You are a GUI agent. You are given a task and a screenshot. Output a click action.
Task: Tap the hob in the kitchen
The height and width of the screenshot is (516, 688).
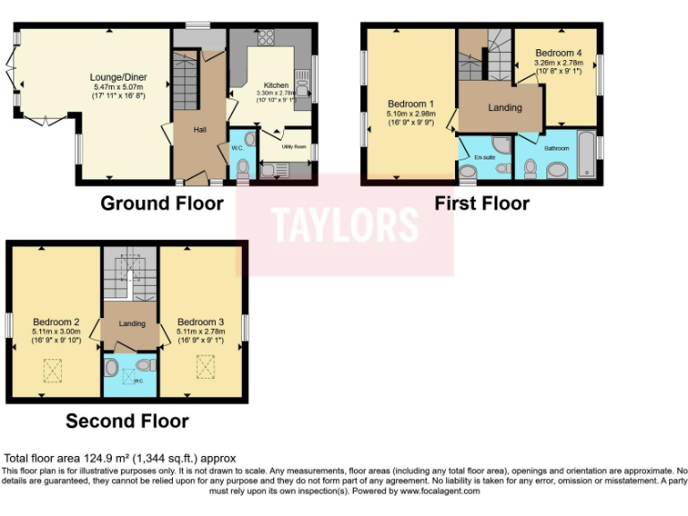click(266, 39)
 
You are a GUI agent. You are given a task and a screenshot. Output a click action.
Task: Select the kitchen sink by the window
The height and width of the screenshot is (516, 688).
click(303, 87)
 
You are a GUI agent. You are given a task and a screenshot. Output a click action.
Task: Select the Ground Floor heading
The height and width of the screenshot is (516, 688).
click(161, 203)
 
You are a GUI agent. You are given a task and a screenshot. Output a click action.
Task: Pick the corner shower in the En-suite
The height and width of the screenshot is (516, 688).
click(502, 144)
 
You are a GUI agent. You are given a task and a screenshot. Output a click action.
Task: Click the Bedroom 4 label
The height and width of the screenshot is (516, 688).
click(558, 53)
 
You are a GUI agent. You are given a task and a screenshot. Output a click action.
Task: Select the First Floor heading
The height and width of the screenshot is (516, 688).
click(482, 203)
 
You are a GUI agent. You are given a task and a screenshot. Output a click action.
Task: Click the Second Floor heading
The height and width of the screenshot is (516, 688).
click(127, 420)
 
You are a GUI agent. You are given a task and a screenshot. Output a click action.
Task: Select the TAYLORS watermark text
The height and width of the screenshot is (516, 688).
click(345, 225)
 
